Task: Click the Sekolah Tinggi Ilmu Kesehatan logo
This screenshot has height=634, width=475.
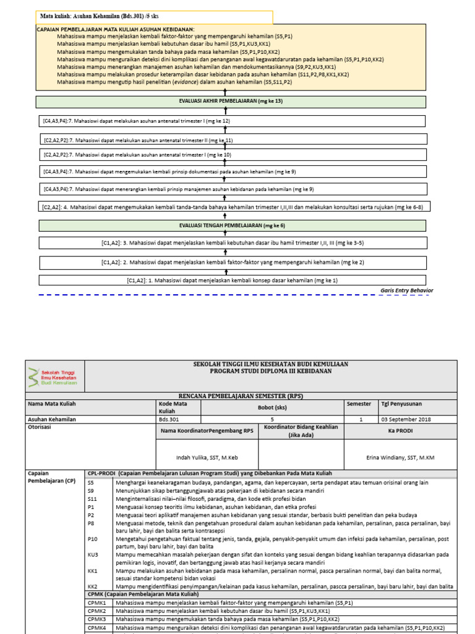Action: [x=53, y=375]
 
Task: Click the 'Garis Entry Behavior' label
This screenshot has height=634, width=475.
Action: [x=406, y=290]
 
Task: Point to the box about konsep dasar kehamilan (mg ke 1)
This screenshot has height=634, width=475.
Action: [x=233, y=280]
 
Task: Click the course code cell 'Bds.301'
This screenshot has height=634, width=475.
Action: [x=167, y=419]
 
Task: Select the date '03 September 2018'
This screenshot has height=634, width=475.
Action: [x=405, y=419]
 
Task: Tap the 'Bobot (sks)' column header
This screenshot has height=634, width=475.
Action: [x=273, y=408]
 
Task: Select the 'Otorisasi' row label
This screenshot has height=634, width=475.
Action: [x=39, y=427]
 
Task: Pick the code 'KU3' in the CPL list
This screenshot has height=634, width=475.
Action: [x=93, y=555]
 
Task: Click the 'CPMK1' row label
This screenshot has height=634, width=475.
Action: [x=96, y=602]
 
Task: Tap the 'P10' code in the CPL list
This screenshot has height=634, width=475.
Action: [x=93, y=539]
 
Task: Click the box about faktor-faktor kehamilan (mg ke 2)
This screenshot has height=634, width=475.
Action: [x=233, y=262]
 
